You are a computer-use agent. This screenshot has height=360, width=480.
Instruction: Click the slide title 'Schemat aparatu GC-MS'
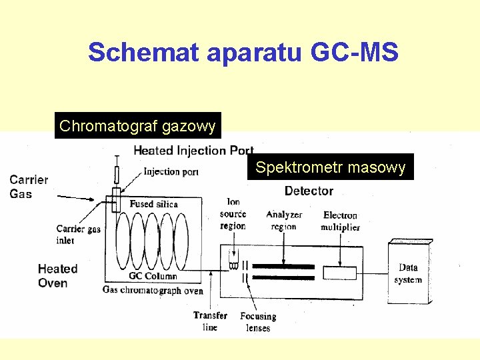[243, 52]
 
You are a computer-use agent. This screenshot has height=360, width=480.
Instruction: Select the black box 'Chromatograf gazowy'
[137, 125]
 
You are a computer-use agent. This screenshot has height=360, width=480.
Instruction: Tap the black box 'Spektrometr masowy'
[330, 167]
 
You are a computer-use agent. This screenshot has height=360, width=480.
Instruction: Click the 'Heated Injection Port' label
[193, 151]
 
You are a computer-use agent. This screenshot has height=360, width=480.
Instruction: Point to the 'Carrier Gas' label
[29, 187]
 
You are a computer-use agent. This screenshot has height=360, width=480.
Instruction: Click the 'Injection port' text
[171, 172]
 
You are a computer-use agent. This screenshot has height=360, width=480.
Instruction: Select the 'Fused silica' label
[153, 204]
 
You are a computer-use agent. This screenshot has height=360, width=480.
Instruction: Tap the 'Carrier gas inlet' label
[78, 235]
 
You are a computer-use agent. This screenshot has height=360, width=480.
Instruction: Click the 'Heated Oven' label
[57, 276]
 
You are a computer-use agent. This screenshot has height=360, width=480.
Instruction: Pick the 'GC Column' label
[153, 276]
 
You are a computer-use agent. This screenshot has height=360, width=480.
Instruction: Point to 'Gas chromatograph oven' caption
[153, 290]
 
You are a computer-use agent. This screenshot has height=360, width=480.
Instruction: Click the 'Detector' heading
[309, 191]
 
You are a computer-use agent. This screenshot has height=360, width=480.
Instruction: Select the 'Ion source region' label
[233, 214]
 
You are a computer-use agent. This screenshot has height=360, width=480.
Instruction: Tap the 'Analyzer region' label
[284, 220]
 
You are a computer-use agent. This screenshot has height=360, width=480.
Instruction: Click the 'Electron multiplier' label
[340, 221]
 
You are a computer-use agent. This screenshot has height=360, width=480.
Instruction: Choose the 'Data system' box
[407, 274]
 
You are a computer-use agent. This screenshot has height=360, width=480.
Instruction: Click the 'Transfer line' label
[210, 321]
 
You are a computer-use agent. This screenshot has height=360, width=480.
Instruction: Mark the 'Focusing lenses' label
[258, 322]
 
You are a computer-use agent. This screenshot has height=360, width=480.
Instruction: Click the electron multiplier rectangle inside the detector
[339, 273]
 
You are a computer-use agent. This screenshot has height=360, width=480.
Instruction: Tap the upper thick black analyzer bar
[283, 266]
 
